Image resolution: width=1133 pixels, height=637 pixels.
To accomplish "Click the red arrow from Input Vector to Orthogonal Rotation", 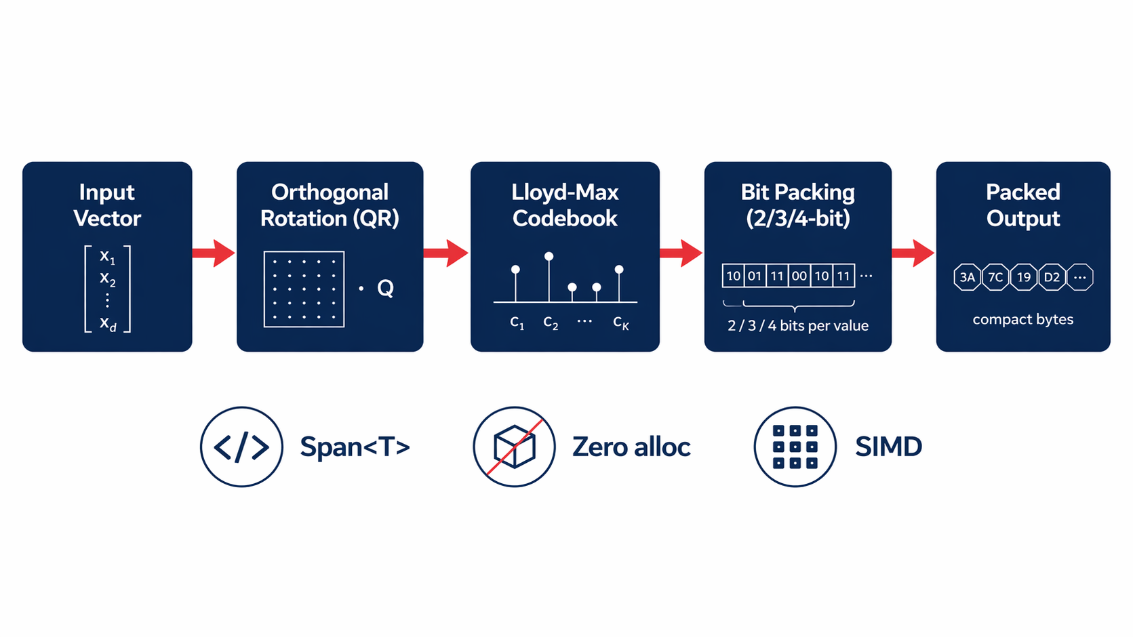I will [x=214, y=253].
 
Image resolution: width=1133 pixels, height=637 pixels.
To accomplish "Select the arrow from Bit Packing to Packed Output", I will [x=913, y=253].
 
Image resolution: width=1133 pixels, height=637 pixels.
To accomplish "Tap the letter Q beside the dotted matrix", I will [x=385, y=289].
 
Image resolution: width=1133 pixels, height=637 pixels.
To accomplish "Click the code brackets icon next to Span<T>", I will [x=241, y=447].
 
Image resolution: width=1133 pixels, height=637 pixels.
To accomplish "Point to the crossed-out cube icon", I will [x=514, y=447].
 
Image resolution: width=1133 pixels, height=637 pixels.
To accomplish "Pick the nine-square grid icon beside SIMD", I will [x=795, y=447].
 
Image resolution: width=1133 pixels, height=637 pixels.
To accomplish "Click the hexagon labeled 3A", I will [x=967, y=277].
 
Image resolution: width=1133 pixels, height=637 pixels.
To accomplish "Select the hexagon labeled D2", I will [x=1052, y=277].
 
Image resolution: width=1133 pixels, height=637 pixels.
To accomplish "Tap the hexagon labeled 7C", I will [x=995, y=277].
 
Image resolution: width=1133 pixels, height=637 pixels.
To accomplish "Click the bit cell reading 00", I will [x=799, y=276].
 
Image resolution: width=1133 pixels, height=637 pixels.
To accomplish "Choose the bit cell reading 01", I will [x=755, y=276].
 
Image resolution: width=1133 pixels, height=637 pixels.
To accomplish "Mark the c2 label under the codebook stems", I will [x=551, y=323].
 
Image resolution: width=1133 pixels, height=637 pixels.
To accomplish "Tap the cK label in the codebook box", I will [x=620, y=323].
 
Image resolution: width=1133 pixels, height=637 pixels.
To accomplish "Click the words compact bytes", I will [x=1022, y=319].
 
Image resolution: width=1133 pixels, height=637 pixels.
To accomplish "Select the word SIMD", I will [x=888, y=447].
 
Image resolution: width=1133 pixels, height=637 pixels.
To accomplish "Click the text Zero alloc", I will [x=631, y=447].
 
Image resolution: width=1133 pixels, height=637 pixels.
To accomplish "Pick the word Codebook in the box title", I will [x=565, y=219].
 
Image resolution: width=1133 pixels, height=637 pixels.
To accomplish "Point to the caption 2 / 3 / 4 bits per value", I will [x=798, y=326].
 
